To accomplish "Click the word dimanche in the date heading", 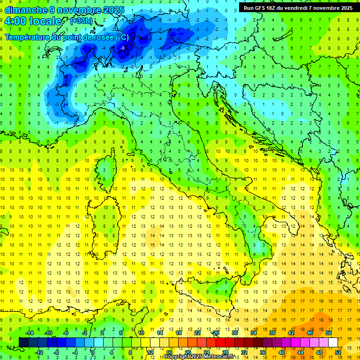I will click(x=26, y=10).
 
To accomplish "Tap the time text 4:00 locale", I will click(x=32, y=21).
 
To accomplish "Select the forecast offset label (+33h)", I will click(x=81, y=21).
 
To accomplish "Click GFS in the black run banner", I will click(x=263, y=8).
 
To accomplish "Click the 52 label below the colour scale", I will click(x=337, y=352).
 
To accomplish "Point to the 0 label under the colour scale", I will click(x=93, y=352).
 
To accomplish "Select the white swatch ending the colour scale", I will click(x=333, y=343).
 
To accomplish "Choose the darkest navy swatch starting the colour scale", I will click(x=23, y=343).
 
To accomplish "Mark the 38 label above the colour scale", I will click(x=272, y=333).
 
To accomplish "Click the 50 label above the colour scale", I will click(x=328, y=333).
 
